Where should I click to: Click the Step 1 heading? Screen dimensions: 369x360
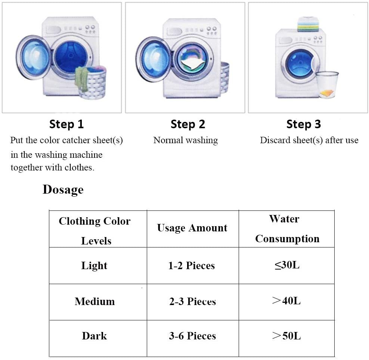pos(66,124)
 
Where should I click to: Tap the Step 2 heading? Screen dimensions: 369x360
pos(188,124)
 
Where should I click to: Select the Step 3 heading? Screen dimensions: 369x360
pos(304,124)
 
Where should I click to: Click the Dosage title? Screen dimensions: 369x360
pos(63,190)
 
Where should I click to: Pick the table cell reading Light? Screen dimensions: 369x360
pos(94,266)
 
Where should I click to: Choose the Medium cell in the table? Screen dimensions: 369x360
pos(94,301)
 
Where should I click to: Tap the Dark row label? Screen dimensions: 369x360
pos(94,336)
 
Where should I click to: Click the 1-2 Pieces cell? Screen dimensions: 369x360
pos(192,266)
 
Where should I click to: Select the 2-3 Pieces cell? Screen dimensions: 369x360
pos(192,302)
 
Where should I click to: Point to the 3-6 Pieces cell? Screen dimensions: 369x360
pos(192,336)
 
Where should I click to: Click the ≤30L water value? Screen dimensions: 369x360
pos(287,265)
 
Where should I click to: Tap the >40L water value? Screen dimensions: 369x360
pos(286,301)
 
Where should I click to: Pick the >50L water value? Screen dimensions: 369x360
pos(286,336)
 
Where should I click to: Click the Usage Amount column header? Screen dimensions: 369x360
pos(192,228)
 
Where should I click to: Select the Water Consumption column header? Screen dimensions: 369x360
pos(287,229)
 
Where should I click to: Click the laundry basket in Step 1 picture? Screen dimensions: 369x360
pos(92,83)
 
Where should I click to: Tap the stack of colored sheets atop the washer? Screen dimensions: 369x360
pos(308,24)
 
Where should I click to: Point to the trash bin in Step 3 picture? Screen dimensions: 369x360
pos(327,84)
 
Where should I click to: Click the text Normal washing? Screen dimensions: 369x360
pos(186,141)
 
